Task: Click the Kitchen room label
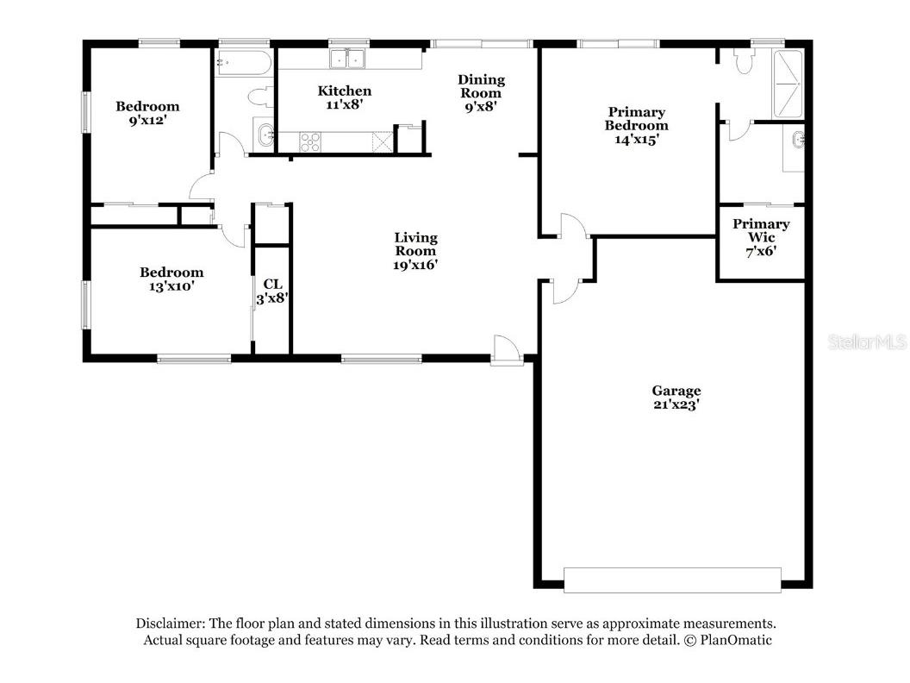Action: click(345, 91)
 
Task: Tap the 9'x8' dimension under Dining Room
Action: click(481, 107)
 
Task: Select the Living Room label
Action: click(415, 244)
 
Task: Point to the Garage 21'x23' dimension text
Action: click(676, 405)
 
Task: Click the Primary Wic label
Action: click(761, 230)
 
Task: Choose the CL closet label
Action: click(272, 284)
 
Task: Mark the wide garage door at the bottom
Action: click(672, 580)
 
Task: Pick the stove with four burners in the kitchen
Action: click(310, 141)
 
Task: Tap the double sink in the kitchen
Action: click(348, 59)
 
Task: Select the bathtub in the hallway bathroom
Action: click(244, 62)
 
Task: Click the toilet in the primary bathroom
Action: click(745, 61)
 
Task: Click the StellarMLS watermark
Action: click(867, 342)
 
